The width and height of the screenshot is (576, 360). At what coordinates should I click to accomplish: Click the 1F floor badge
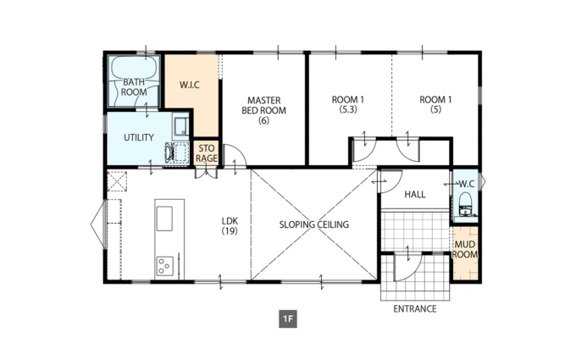click(288, 318)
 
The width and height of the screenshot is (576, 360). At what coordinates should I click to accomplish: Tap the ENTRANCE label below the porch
click(415, 309)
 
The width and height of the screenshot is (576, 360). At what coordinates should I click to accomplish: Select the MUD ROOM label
click(465, 249)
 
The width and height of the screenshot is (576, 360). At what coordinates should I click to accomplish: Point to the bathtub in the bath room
click(134, 81)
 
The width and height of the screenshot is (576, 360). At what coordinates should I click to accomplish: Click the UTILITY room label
click(138, 137)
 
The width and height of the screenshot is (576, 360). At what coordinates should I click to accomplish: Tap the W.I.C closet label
click(190, 85)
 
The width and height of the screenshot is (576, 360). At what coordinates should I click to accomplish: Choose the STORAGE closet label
click(207, 153)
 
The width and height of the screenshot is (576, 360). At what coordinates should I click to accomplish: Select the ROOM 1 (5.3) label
click(348, 104)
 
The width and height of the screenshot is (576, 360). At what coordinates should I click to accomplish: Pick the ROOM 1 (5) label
click(435, 104)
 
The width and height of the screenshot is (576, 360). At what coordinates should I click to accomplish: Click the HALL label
click(415, 194)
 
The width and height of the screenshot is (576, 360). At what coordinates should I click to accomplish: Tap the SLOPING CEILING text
click(314, 224)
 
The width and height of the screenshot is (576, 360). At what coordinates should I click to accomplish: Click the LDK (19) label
click(230, 226)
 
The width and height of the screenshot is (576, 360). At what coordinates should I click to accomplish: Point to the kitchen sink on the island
click(164, 219)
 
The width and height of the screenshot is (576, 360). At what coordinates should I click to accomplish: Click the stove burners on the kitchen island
click(164, 266)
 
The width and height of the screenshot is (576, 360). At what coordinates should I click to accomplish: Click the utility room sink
click(180, 127)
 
